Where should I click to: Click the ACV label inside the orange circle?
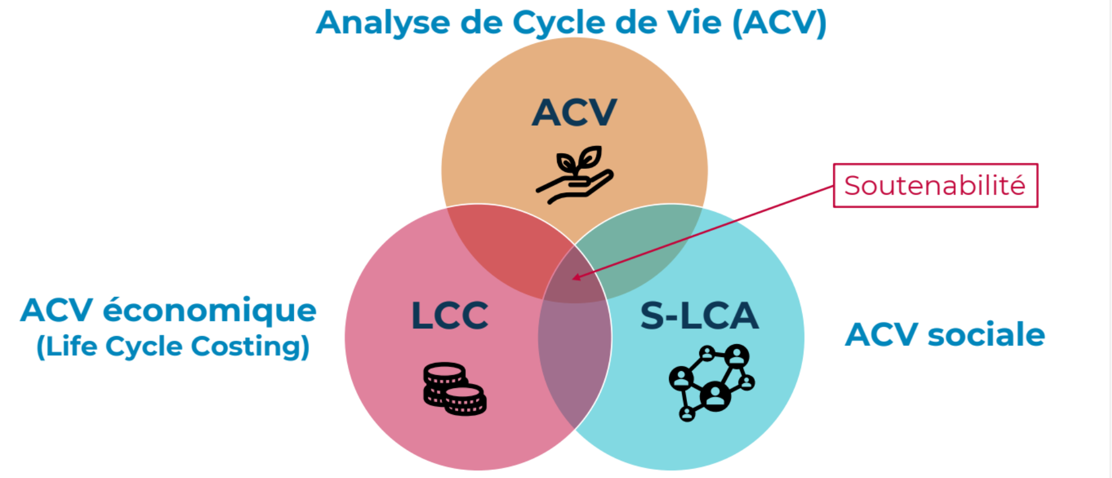click(x=574, y=112)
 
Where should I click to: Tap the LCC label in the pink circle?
click(x=450, y=316)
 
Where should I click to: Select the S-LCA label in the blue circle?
click(x=699, y=316)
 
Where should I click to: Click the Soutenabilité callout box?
click(x=935, y=185)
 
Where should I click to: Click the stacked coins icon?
click(x=454, y=389)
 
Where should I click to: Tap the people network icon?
click(x=712, y=382)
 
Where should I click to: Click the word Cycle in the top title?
click(x=559, y=23)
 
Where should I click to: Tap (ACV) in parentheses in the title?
click(x=779, y=23)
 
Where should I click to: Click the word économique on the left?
click(x=209, y=311)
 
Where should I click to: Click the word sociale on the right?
click(x=986, y=335)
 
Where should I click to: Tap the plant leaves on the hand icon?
click(x=579, y=158)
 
